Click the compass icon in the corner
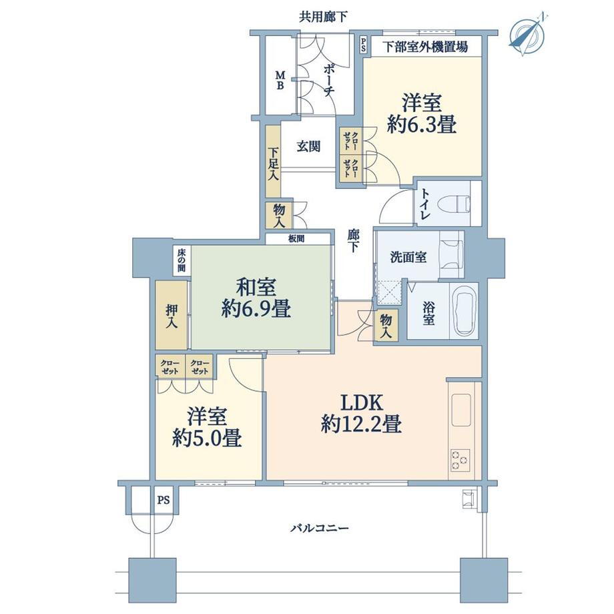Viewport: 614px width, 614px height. click(x=528, y=35)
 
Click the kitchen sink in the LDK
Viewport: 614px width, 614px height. click(x=461, y=410)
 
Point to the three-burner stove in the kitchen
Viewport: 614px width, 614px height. click(x=460, y=460)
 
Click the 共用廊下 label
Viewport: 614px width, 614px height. click(x=323, y=17)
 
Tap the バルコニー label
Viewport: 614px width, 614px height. click(x=320, y=529)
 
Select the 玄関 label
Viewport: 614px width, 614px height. click(x=308, y=146)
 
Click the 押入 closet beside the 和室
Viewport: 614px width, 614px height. click(x=171, y=315)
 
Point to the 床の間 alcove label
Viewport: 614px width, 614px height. click(x=182, y=260)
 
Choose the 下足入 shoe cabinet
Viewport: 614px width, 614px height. click(x=273, y=162)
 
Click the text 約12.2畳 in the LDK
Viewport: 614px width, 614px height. click(x=361, y=424)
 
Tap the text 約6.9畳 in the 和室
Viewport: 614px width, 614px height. click(x=256, y=310)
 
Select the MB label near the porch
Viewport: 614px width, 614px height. click(x=280, y=80)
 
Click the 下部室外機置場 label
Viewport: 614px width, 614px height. click(x=425, y=47)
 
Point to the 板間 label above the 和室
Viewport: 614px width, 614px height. click(x=296, y=238)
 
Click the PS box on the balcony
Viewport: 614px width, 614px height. click(x=164, y=500)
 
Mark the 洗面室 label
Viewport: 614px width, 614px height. click(x=408, y=257)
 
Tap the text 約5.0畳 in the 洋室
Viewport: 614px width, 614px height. click(x=207, y=438)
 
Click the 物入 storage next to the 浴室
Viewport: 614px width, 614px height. click(x=386, y=326)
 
